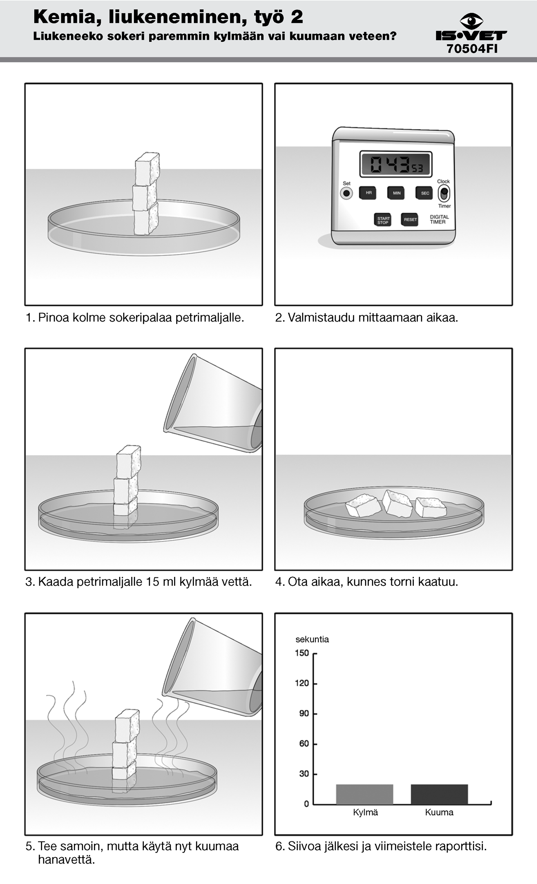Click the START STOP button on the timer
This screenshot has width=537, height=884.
point(383,220)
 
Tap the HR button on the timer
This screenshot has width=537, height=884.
point(368,193)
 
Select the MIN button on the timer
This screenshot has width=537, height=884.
point(396,193)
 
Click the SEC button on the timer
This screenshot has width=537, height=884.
point(425,193)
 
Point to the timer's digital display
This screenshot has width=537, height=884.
point(396,164)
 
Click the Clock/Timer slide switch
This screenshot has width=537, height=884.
point(444,193)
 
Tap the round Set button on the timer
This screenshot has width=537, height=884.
point(346,193)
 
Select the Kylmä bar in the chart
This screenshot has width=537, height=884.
point(365,794)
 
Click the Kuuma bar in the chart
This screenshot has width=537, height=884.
point(439,794)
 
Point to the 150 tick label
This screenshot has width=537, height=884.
point(302,653)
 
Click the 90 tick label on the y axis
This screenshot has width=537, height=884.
point(304,713)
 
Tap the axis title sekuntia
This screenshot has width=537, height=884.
point(312,639)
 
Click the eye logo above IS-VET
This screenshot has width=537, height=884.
point(472,21)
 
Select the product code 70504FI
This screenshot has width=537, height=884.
point(472,49)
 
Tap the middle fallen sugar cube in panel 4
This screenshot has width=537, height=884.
point(397,504)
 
